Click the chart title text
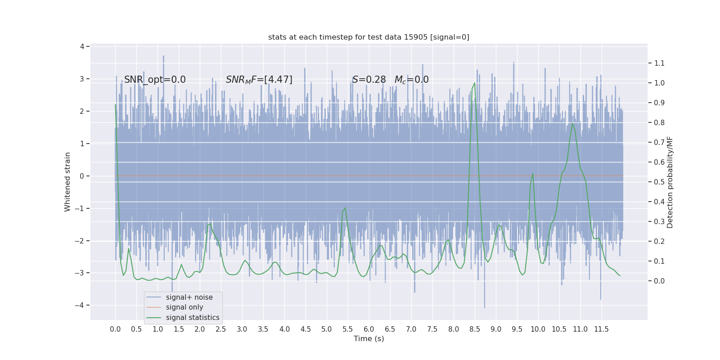click(369, 37)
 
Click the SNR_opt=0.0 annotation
click(155, 80)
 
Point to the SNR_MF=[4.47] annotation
click(259, 80)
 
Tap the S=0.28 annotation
click(369, 80)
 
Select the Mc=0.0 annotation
click(411, 80)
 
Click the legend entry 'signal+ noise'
click(189, 297)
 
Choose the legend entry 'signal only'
click(184, 307)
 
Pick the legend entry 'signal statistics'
click(193, 318)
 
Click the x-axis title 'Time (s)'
click(369, 339)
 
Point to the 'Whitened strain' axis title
click(67, 182)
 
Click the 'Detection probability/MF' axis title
click(670, 182)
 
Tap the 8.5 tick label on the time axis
click(475, 329)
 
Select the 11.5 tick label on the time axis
click(601, 329)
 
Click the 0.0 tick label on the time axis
click(115, 329)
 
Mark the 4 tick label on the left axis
click(82, 47)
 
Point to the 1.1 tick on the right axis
click(659, 63)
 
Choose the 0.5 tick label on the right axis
click(659, 182)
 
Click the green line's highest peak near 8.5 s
click(474, 83)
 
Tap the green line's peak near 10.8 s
click(572, 123)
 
